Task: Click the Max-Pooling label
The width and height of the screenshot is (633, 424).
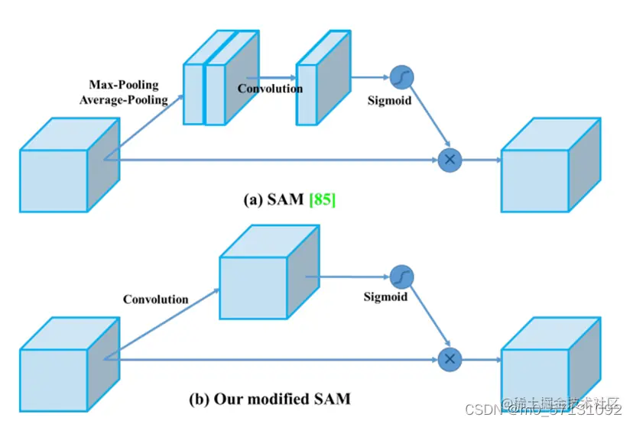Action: (x=124, y=85)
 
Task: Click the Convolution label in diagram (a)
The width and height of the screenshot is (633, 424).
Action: (x=270, y=89)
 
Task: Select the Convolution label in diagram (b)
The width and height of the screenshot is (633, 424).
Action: (x=156, y=299)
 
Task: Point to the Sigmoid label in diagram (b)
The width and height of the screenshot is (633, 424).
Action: (x=385, y=296)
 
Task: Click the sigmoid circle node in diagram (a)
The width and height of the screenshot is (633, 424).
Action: (x=401, y=77)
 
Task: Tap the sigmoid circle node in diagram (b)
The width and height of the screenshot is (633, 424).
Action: (x=401, y=277)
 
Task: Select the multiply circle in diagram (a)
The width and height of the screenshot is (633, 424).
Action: (x=450, y=159)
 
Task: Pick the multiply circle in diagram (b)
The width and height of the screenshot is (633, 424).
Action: (x=450, y=358)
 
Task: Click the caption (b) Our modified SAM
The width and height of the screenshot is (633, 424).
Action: (x=270, y=399)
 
